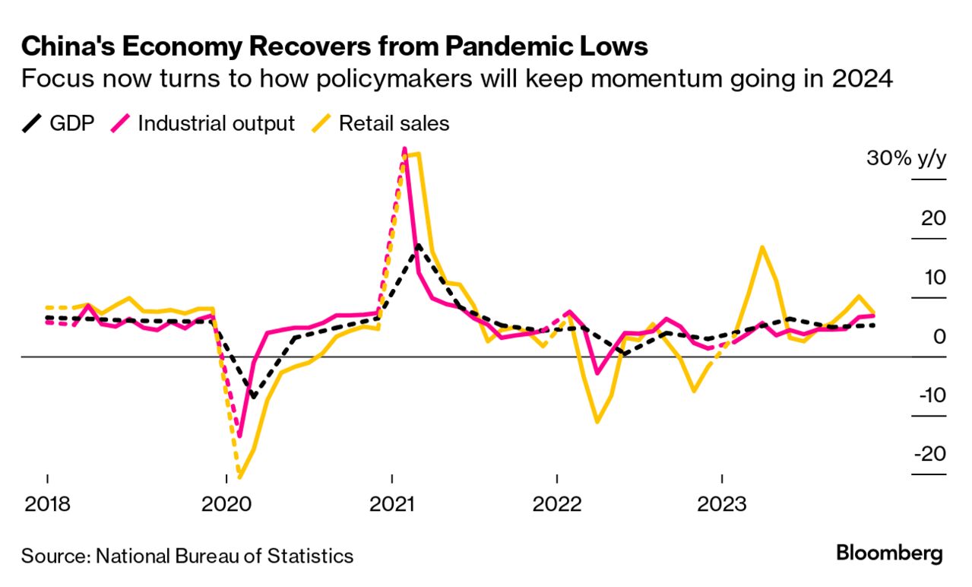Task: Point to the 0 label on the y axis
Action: (x=939, y=336)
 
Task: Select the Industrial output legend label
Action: (x=216, y=123)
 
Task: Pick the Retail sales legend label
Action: (x=394, y=123)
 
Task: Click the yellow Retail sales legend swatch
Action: (x=321, y=123)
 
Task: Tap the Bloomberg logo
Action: (x=889, y=553)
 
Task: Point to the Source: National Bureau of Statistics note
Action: (x=187, y=556)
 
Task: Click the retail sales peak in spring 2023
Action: (x=761, y=247)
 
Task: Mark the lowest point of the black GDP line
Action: (x=253, y=397)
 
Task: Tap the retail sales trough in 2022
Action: (x=597, y=421)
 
